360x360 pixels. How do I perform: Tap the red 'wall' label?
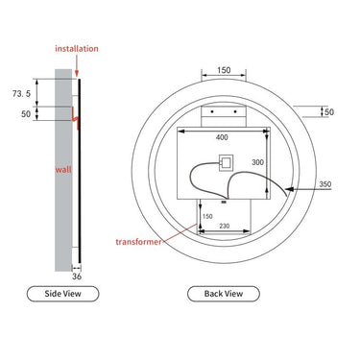click(x=63, y=170)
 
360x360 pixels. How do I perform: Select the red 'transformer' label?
click(x=138, y=242)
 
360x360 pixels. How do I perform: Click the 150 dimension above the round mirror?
click(x=222, y=70)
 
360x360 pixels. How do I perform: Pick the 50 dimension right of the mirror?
click(x=328, y=112)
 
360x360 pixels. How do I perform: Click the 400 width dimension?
click(x=222, y=138)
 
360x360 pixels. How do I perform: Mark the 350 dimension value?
click(x=325, y=184)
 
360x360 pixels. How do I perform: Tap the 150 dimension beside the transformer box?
click(x=207, y=216)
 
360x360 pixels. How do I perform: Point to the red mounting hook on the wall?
click(x=77, y=118)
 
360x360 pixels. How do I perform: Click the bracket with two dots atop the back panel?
click(x=222, y=112)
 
